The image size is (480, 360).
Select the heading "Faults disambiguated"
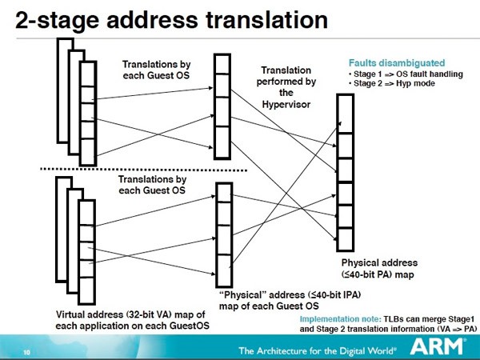pos(397,62)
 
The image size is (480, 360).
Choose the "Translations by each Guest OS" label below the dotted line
pos(151,186)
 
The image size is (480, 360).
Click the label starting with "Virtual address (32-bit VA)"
pos(131,318)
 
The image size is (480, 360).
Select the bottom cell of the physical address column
pos(345,238)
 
